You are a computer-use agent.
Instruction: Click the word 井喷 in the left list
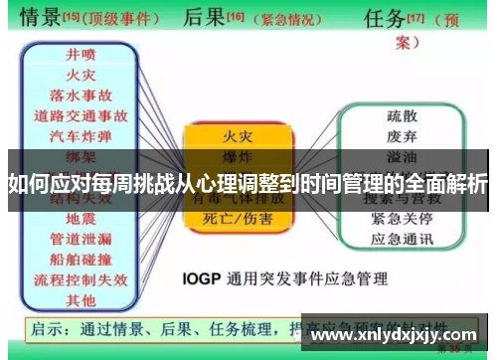pos(81,55)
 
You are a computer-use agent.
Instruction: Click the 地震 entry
pos(81,216)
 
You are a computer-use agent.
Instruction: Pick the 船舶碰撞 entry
pos(81,260)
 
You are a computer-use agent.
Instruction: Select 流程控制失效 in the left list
pos(81,279)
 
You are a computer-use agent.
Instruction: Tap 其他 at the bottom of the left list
pos(81,298)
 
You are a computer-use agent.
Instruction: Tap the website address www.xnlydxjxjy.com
pos(396,335)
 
